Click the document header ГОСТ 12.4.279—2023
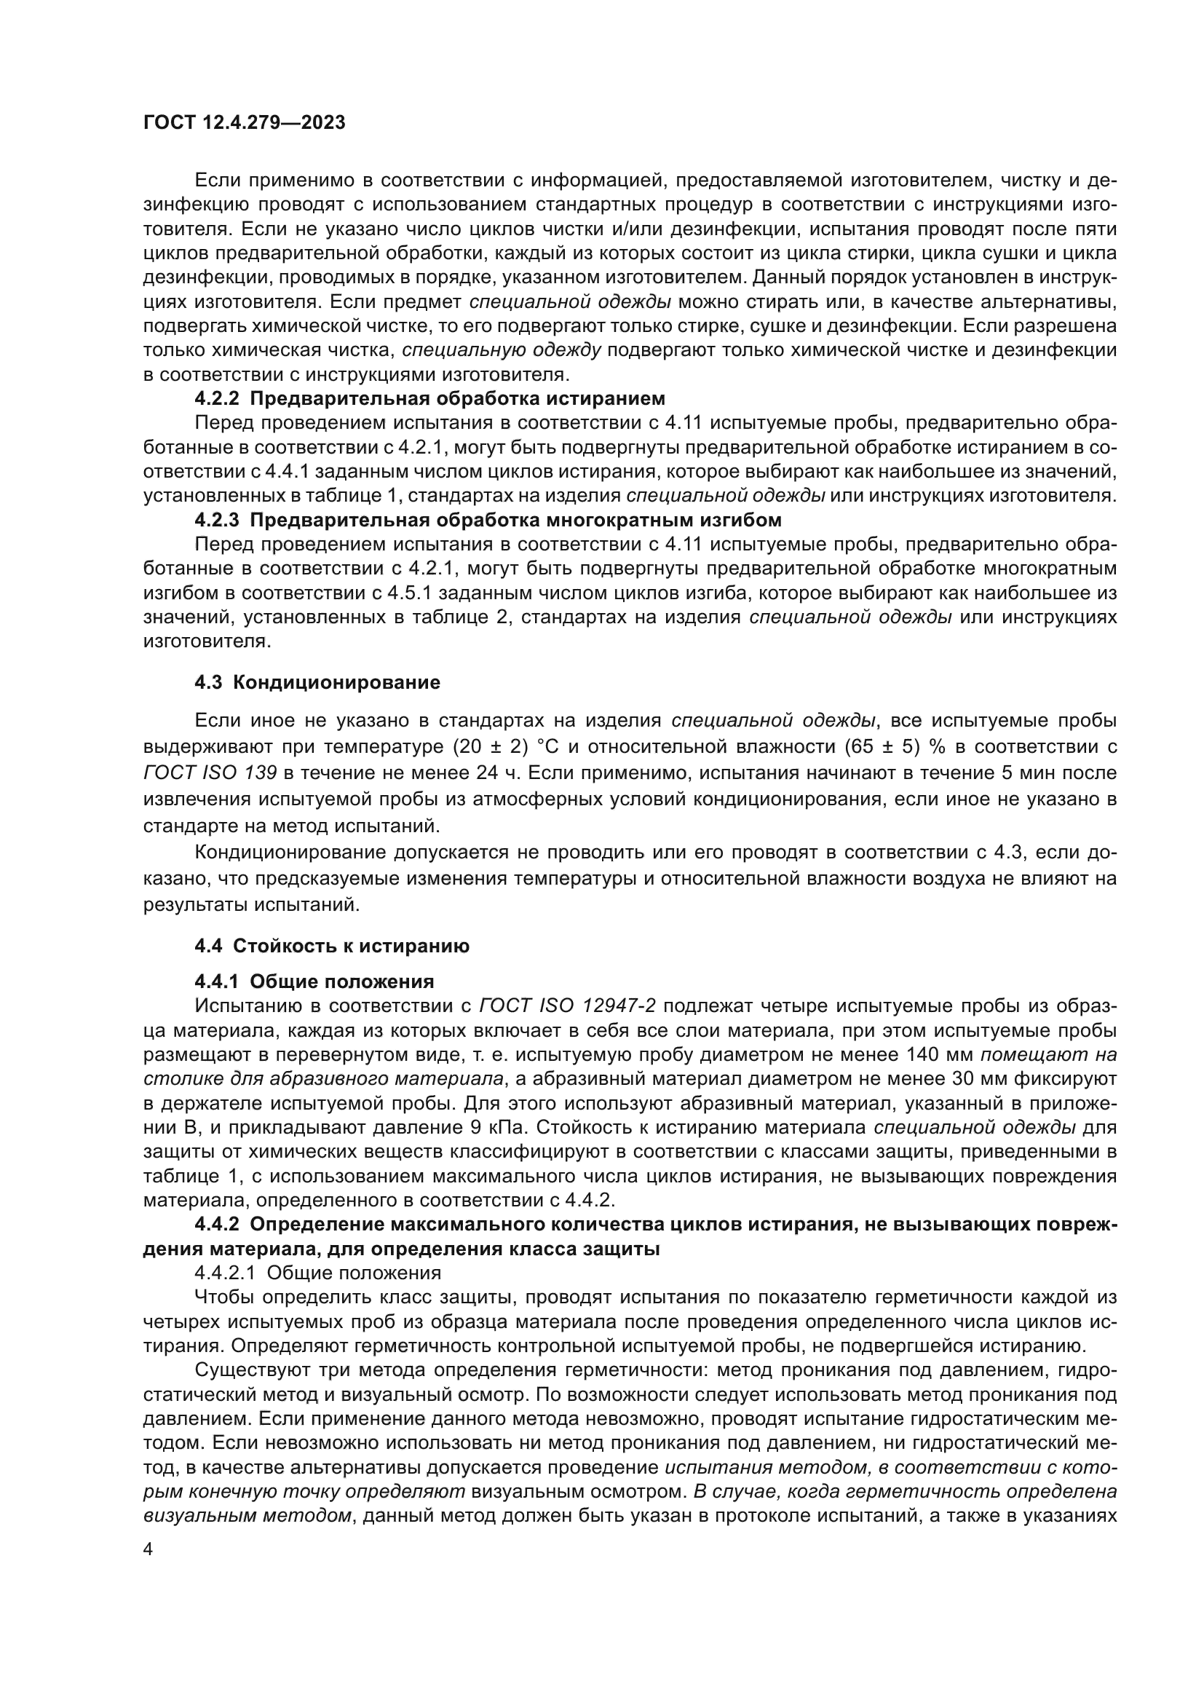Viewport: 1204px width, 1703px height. [244, 122]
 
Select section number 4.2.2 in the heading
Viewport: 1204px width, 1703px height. [217, 399]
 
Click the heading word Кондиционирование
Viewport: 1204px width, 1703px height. [336, 682]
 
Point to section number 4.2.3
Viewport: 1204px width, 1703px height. [217, 520]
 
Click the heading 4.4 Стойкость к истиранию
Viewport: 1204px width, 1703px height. [331, 946]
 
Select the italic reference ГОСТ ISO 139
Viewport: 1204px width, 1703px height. [210, 773]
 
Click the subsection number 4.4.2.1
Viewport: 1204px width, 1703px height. [225, 1273]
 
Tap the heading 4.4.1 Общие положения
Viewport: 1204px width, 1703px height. [314, 982]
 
